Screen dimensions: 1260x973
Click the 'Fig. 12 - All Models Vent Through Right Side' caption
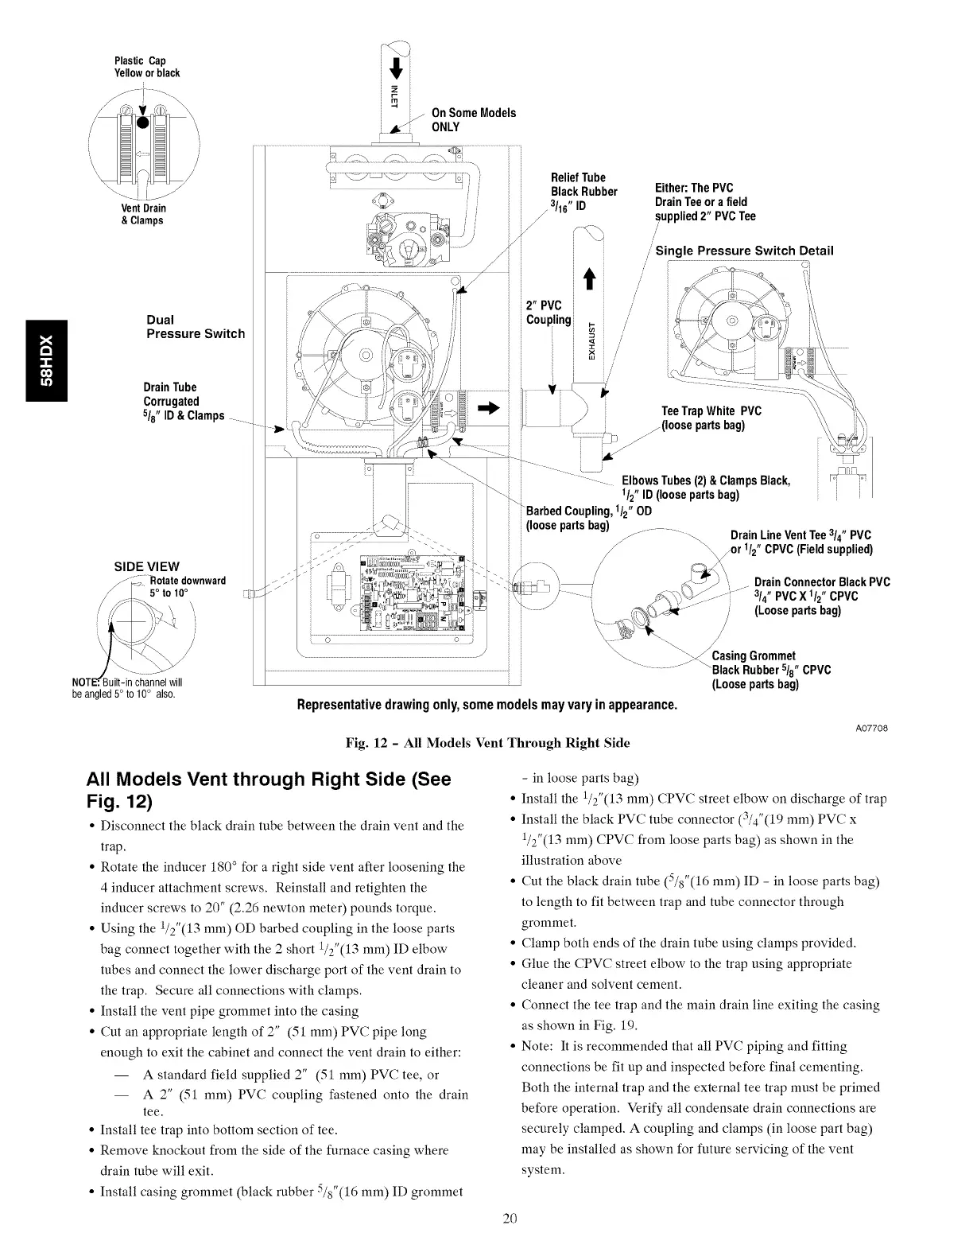coord(486,743)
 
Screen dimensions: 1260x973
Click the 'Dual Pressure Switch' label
coord(196,327)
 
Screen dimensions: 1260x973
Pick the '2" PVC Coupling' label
coord(549,312)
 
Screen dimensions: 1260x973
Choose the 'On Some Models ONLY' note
coord(473,119)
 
